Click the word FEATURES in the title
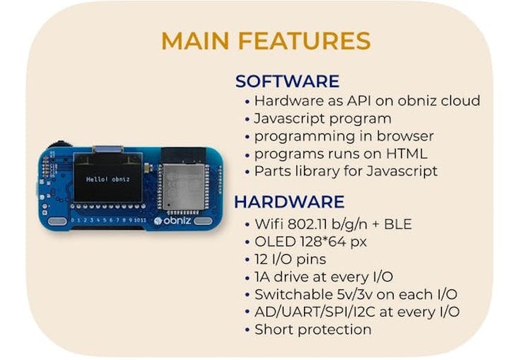pyautogui.click(x=304, y=41)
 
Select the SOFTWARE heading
pyautogui.click(x=287, y=81)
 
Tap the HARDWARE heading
pyautogui.click(x=289, y=202)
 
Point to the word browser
pyautogui.click(x=405, y=136)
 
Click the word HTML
pyautogui.click(x=406, y=153)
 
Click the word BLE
pyautogui.click(x=398, y=224)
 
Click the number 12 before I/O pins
pyautogui.click(x=261, y=260)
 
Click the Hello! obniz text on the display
pyautogui.click(x=107, y=179)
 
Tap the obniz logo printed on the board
pyautogui.click(x=172, y=221)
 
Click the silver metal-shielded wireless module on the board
pyautogui.click(x=184, y=187)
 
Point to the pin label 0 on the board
pyautogui.click(x=73, y=220)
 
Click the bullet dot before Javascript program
pyautogui.click(x=247, y=119)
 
